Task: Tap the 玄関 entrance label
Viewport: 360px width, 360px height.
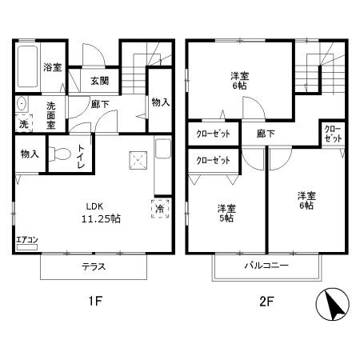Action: point(99,80)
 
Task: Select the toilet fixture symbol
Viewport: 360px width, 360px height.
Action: point(58,154)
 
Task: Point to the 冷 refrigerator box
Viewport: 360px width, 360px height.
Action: point(159,209)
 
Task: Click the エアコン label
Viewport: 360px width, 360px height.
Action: point(26,238)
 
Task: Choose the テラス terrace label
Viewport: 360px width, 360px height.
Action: point(94,267)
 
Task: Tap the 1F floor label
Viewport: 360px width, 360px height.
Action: point(94,302)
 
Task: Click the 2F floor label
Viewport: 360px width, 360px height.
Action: point(267,302)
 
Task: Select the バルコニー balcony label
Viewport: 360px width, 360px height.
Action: point(266,265)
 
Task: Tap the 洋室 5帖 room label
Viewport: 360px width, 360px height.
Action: point(227,214)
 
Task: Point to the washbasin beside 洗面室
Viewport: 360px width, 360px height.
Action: point(22,104)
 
